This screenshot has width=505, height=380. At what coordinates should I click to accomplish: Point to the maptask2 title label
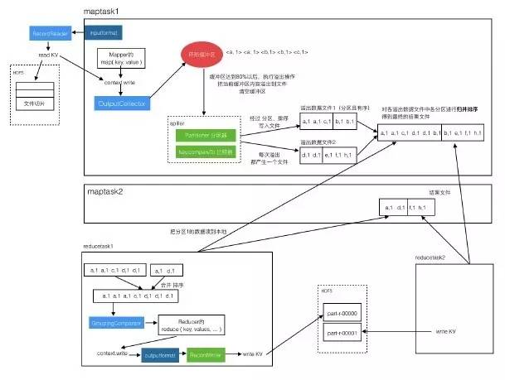pyautogui.click(x=107, y=191)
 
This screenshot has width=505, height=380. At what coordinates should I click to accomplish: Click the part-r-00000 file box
pyautogui.click(x=342, y=315)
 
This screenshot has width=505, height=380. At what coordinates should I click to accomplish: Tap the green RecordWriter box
pyautogui.click(x=203, y=354)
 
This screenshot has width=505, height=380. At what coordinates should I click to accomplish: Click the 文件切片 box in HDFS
pyautogui.click(x=34, y=105)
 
